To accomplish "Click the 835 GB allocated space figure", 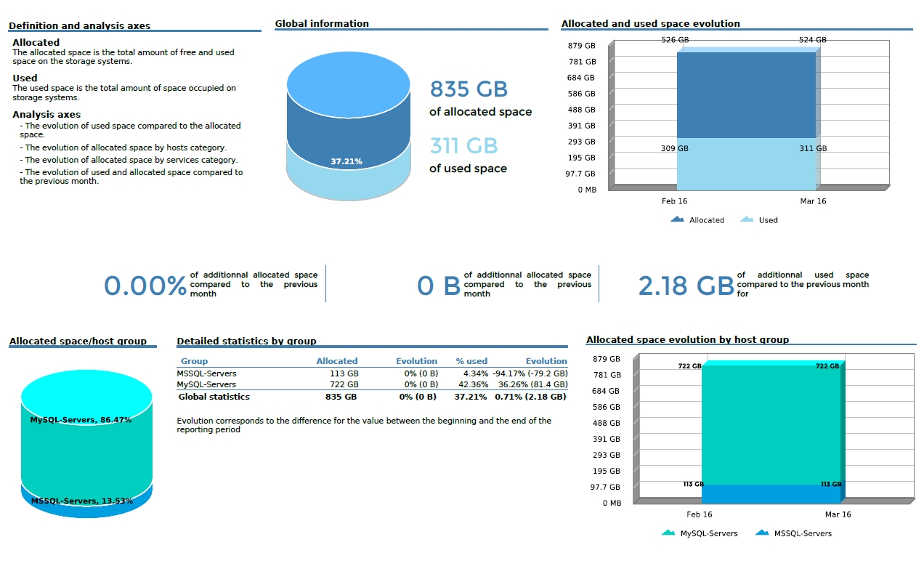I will coord(469,89).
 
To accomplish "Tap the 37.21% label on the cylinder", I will coord(346,161).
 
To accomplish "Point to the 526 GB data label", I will coord(675,40).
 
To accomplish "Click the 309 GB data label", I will coord(673,148).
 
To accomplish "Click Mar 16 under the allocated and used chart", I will coord(813,201).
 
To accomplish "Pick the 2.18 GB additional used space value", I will coord(686,286).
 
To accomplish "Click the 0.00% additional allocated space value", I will coord(145,286).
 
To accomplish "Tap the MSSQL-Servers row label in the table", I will coord(206,373).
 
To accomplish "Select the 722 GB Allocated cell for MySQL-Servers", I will coord(344,384).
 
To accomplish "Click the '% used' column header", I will coord(471,361).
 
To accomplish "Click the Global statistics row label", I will coord(214,397).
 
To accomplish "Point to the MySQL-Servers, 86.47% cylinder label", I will coord(81,420).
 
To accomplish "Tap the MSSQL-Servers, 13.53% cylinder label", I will coord(81,501).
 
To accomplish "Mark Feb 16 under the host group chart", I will coord(699,514).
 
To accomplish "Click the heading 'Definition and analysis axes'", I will coord(79,26).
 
